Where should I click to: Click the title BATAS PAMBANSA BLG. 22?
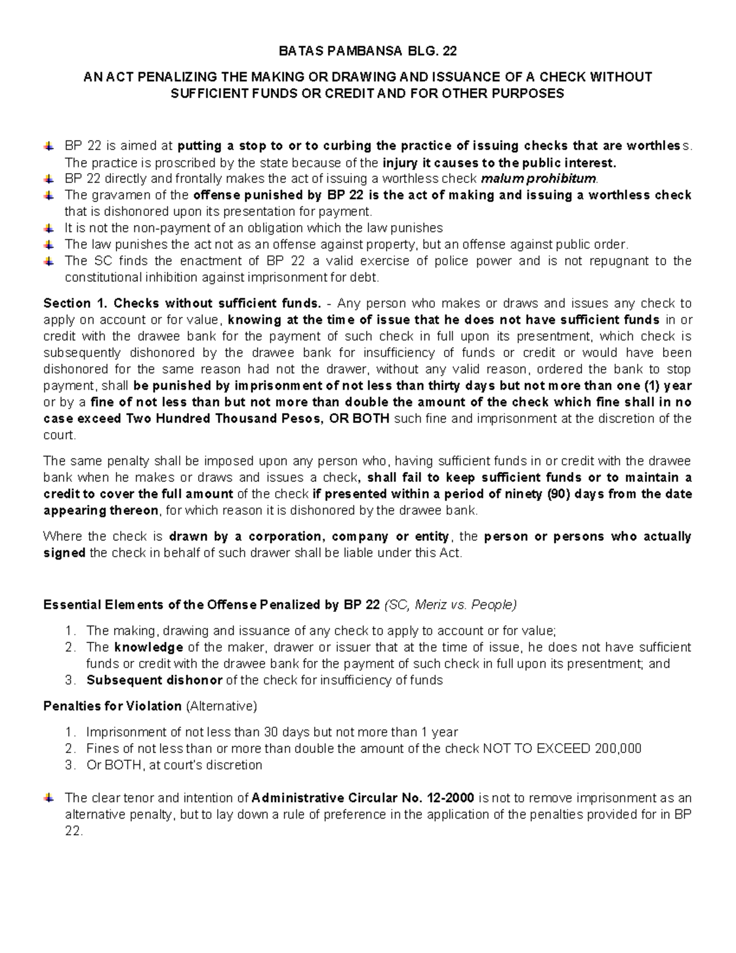[367, 51]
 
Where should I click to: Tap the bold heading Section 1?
[76, 303]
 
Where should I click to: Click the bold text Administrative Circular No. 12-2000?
[362, 798]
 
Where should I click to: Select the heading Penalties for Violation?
[112, 706]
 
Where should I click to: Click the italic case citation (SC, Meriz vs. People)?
[450, 605]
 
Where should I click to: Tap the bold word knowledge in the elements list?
[148, 647]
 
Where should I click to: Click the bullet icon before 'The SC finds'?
[48, 261]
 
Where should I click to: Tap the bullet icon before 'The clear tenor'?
[48, 798]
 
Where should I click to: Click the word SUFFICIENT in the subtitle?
[209, 94]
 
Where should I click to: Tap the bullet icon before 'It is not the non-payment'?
[48, 228]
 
